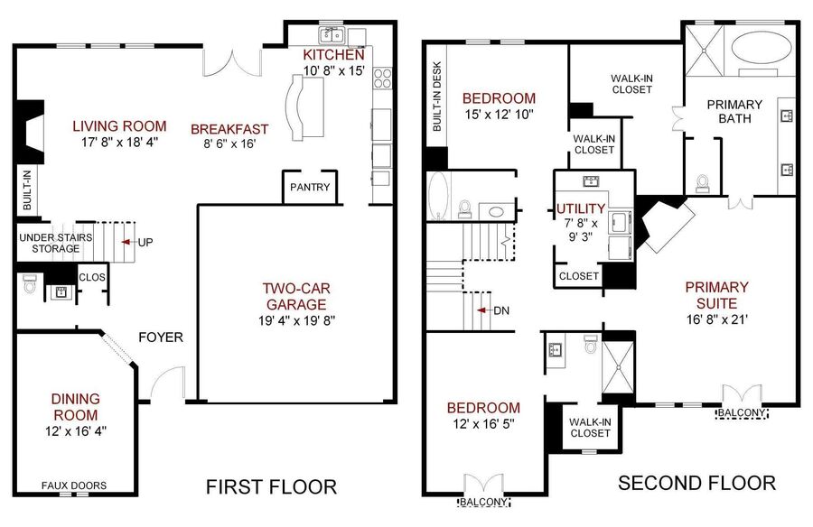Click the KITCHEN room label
[x=333, y=54]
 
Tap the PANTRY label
[x=310, y=187]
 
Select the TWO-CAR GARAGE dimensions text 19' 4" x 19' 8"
[x=296, y=320]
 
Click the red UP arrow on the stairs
[x=125, y=242]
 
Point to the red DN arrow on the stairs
[x=481, y=310]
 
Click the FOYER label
[x=161, y=337]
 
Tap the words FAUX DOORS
[x=74, y=485]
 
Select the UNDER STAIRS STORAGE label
[x=56, y=243]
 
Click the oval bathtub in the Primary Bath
[x=762, y=49]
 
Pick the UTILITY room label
[x=581, y=208]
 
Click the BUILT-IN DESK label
[x=437, y=97]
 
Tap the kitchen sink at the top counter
[x=332, y=35]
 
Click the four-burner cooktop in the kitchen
[x=383, y=79]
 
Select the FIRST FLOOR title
[x=271, y=487]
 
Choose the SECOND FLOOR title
[x=696, y=483]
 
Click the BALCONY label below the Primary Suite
[x=742, y=413]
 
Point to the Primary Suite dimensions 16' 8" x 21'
[x=717, y=319]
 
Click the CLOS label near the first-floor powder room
[x=92, y=277]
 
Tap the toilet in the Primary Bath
[x=703, y=184]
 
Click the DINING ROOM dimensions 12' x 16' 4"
[x=76, y=431]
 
